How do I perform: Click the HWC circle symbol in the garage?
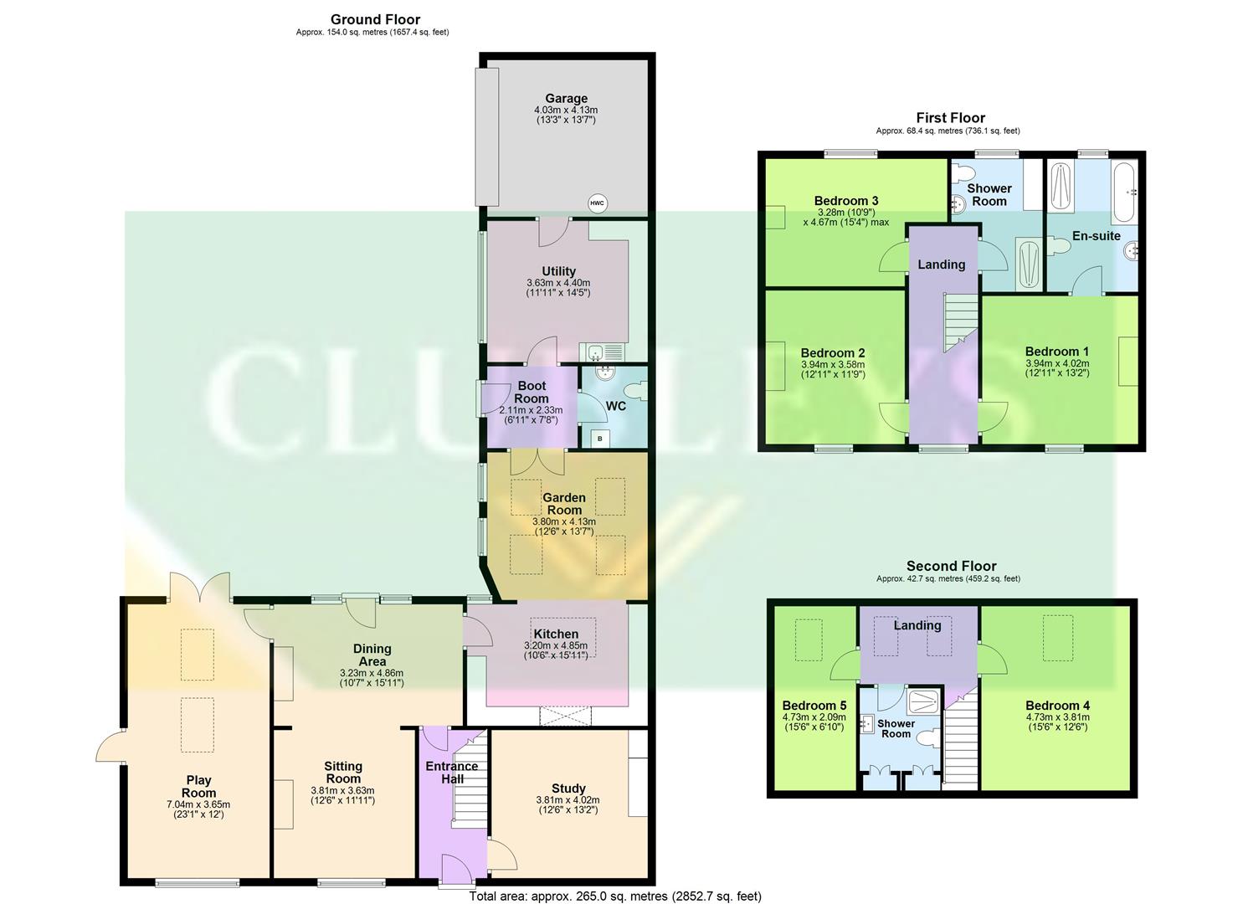click(597, 203)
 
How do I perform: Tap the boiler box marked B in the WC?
click(599, 438)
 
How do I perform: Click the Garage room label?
click(566, 99)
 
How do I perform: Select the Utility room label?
click(558, 271)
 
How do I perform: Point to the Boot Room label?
click(531, 392)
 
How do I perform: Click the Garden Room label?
click(564, 504)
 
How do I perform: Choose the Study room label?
click(568, 788)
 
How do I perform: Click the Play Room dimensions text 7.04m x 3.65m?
click(198, 804)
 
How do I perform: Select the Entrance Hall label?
click(452, 772)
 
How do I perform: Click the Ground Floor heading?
click(375, 19)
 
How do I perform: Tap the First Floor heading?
click(950, 118)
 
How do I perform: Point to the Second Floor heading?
click(951, 567)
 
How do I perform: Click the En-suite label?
click(1096, 236)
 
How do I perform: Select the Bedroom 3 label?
click(846, 201)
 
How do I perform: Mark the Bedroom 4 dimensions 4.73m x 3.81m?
click(1057, 717)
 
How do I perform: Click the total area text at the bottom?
click(615, 896)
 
